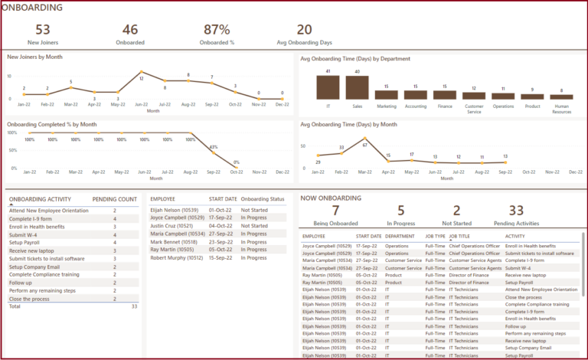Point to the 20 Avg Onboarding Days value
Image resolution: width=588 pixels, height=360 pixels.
click(x=304, y=30)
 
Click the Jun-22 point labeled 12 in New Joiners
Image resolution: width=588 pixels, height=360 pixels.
click(x=142, y=78)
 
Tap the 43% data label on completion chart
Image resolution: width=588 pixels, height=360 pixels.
click(x=214, y=148)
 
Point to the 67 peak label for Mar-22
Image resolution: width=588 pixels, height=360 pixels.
click(x=365, y=145)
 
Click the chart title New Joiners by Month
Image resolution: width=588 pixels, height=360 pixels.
click(x=34, y=57)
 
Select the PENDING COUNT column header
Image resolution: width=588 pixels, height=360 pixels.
click(x=115, y=199)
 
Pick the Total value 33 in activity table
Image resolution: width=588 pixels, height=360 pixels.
click(x=134, y=306)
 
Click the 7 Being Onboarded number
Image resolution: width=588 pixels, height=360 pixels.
click(x=335, y=211)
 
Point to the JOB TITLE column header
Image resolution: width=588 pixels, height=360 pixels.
click(x=463, y=237)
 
